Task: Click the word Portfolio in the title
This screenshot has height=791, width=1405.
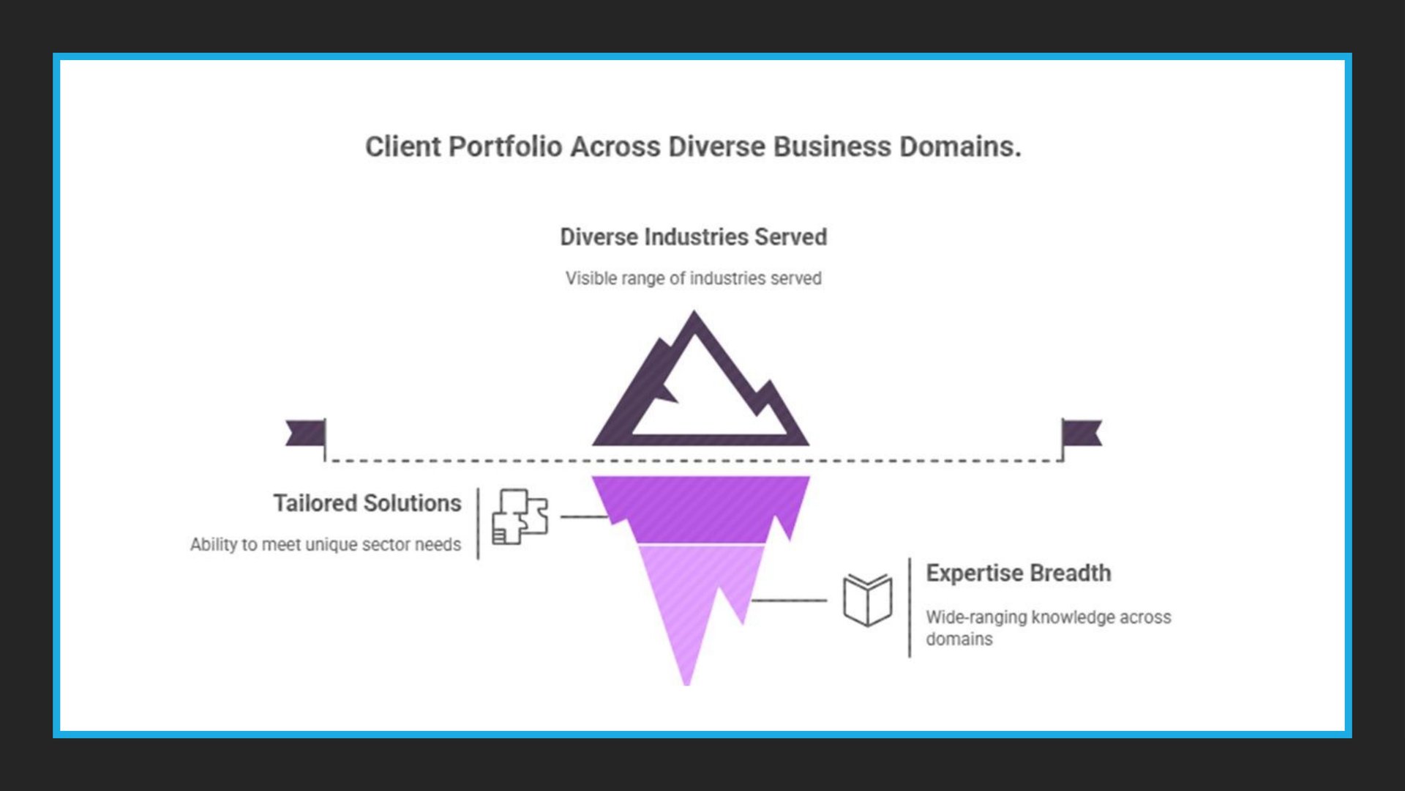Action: [504, 146]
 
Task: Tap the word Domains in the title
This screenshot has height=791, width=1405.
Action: [959, 146]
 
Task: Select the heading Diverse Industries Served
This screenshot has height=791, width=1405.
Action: [693, 237]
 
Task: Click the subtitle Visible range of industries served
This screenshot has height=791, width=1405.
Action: [693, 278]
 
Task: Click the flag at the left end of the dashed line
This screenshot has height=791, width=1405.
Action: [307, 433]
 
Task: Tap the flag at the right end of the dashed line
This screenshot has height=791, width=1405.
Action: [1081, 433]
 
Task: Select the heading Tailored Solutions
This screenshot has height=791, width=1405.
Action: [367, 503]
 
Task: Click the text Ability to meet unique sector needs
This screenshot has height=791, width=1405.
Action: [326, 544]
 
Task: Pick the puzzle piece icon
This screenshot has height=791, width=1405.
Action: [520, 516]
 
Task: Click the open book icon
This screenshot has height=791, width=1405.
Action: [868, 600]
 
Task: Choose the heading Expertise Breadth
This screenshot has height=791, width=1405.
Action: [1018, 573]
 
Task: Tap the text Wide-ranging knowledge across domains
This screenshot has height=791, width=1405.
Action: [1048, 628]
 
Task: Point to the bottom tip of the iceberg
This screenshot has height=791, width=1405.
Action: [686, 680]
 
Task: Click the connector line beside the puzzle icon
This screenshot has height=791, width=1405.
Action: [583, 516]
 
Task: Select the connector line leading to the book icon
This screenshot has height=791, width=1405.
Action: [789, 600]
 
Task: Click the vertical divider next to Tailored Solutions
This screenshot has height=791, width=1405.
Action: [478, 524]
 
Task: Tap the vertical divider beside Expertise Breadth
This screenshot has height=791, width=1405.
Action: [910, 608]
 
